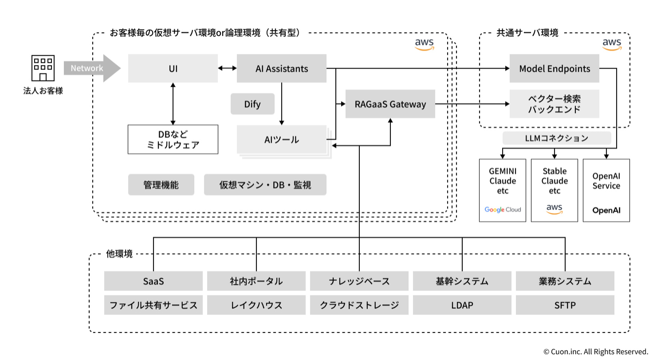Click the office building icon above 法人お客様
43,68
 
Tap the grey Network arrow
91,68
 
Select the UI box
173,68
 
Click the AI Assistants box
282,68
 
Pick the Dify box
252,104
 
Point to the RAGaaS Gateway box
390,104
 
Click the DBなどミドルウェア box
173,139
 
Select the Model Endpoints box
554,68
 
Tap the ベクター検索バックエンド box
554,104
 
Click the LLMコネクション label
556,138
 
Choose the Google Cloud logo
503,210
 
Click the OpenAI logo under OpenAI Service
606,210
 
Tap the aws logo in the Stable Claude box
555,209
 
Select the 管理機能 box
161,185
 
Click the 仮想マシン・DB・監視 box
265,185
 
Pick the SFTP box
565,305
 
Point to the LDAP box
462,305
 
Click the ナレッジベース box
359,281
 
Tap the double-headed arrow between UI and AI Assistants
227,68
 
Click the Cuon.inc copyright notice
595,352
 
